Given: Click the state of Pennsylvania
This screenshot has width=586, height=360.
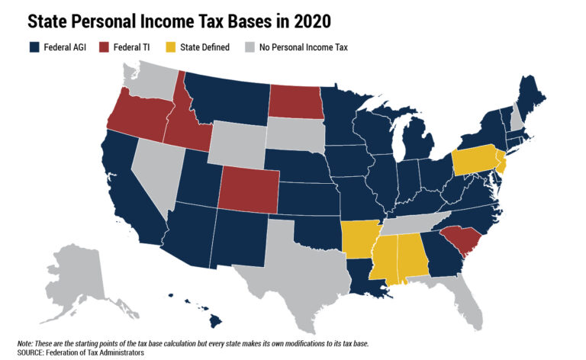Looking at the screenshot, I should tap(472, 161).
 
